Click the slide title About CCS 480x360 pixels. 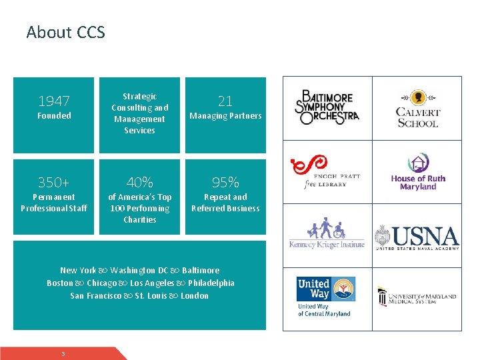(x=65, y=32)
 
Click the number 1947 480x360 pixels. (x=54, y=101)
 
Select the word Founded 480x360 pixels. (x=54, y=116)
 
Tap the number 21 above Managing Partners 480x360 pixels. (x=225, y=101)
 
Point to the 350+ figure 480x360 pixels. (x=54, y=183)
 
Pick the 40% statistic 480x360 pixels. (x=140, y=183)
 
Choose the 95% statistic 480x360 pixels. (x=225, y=183)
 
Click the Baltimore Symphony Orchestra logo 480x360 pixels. (x=327, y=107)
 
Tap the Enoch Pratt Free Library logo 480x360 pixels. (x=327, y=172)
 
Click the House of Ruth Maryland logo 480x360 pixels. (x=418, y=172)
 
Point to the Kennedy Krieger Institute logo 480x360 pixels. (x=327, y=233)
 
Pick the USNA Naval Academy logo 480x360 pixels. (x=417, y=237)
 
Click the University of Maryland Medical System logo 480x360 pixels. (x=417, y=296)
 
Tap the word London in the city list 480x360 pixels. (x=195, y=296)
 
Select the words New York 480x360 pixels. (x=78, y=271)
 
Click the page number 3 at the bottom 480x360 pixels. (x=63, y=353)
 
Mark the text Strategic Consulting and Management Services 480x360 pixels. (x=140, y=113)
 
